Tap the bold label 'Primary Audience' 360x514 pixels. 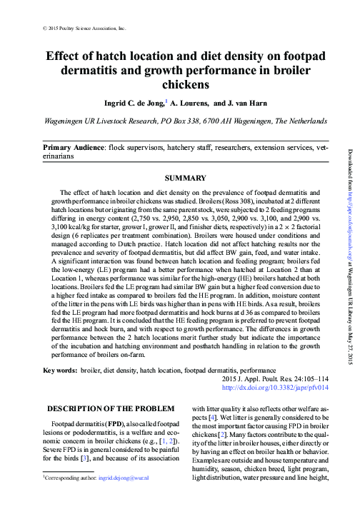pyautogui.click(x=74, y=146)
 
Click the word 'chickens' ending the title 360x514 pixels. pyautogui.click(x=186, y=86)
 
